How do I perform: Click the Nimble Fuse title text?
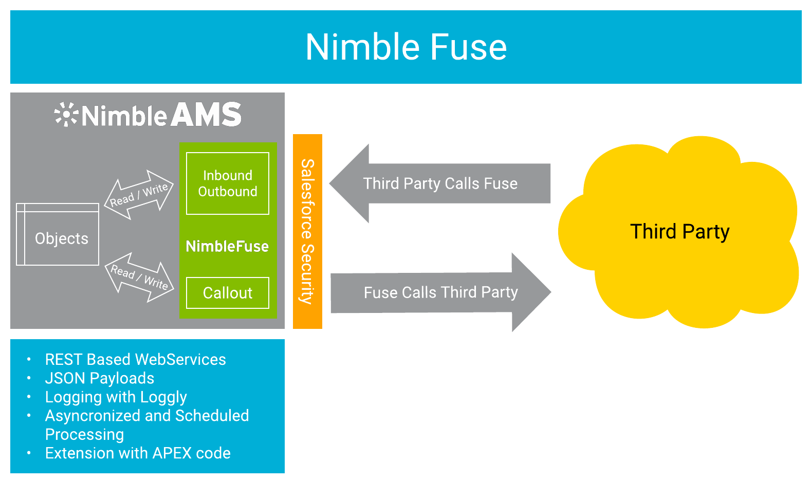tap(406, 47)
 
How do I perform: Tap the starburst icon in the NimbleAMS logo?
tap(66, 114)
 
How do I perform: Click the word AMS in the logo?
tap(206, 115)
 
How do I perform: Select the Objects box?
tap(58, 235)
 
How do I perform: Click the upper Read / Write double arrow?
tap(139, 195)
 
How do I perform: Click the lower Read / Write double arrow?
tap(139, 277)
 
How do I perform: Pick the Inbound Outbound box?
tap(228, 183)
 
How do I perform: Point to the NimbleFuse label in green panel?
tap(227, 247)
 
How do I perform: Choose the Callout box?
tap(228, 293)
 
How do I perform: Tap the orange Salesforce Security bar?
tap(307, 231)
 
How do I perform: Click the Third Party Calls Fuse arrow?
tap(440, 183)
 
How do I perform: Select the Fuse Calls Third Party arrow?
tap(440, 292)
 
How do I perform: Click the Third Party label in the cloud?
tap(679, 232)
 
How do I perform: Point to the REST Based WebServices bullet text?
tap(135, 359)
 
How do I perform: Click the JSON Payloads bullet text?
tap(100, 378)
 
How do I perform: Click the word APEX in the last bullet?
tap(172, 453)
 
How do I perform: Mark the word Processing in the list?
tap(84, 435)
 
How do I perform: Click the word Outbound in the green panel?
tap(228, 192)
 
